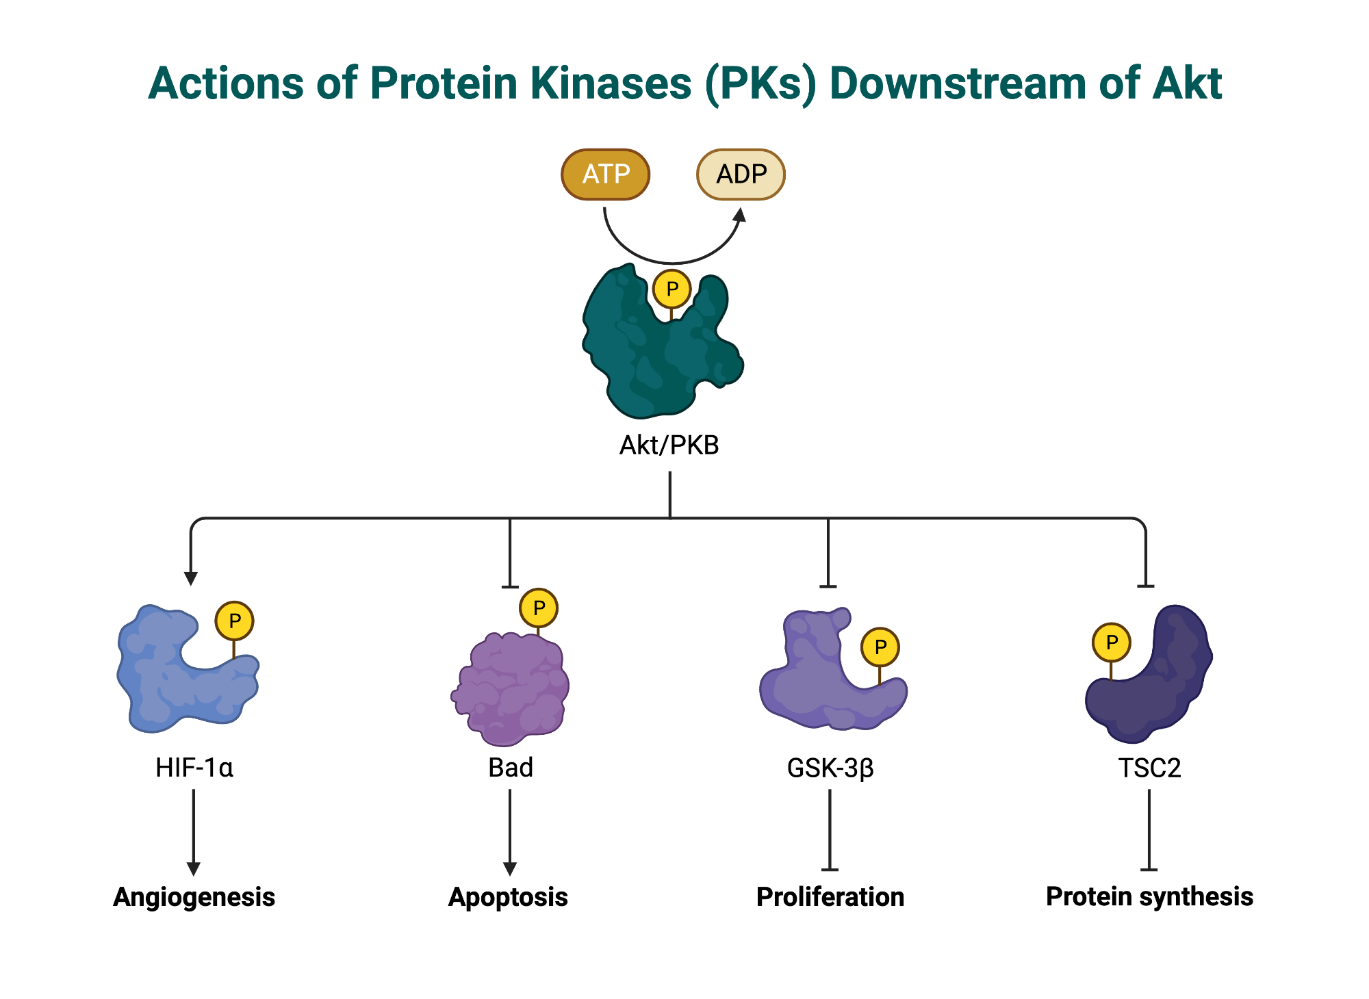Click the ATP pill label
(605, 174)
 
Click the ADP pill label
(741, 174)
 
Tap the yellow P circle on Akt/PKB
(671, 289)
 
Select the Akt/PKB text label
(669, 445)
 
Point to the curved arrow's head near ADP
(739, 216)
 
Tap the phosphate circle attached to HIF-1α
(234, 621)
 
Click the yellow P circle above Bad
(539, 608)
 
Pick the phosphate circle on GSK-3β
(880, 647)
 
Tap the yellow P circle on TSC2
(1111, 643)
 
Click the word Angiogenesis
(194, 897)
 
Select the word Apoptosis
(508, 897)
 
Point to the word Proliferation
(830, 897)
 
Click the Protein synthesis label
(1149, 897)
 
